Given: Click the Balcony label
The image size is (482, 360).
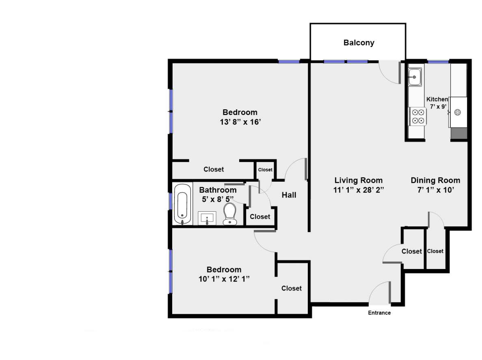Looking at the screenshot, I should pos(359,43).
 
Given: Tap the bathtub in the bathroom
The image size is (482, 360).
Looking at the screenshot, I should pos(182,204).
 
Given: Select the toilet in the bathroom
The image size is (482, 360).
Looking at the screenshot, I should pos(230,214).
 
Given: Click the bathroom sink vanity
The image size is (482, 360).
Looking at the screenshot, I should pos(207,218).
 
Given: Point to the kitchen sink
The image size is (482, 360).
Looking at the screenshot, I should pos(415,77).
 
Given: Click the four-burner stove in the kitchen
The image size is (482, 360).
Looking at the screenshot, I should pos(417,116).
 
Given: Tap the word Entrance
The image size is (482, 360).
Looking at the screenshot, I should pos(379,313).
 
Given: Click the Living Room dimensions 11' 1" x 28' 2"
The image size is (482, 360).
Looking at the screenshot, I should pos(359,189).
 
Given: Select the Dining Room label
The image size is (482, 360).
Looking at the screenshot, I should pos(435,180).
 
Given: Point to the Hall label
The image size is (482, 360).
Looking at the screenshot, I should pos(289,195).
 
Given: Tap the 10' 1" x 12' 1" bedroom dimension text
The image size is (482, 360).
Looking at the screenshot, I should pos(224,279).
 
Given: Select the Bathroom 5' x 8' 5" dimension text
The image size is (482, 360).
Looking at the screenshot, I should pos(218,199).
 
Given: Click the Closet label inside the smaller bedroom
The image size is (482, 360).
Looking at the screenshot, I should pos(292,288).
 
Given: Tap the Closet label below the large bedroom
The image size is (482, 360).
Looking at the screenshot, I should pos(214,169).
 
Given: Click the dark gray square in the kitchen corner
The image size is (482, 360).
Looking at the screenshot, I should pos(458,133).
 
